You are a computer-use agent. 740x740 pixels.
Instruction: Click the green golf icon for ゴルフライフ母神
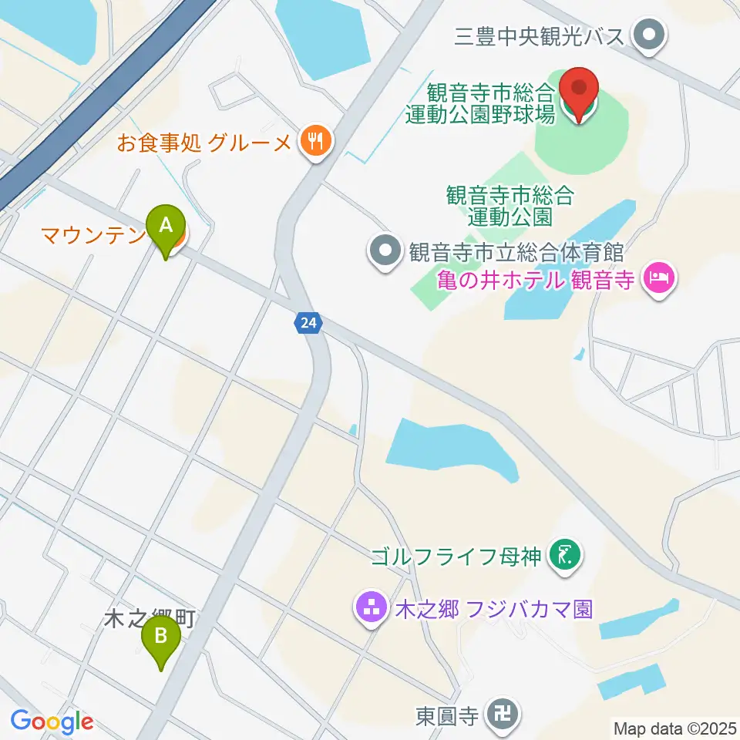pos(567,553)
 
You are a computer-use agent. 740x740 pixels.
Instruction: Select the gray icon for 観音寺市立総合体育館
pos(383,251)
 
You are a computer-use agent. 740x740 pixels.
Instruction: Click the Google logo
pos(52,722)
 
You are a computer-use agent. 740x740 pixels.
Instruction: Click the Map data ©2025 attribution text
pos(675,727)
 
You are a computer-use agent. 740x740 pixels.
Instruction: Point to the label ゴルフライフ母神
pos(457,554)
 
